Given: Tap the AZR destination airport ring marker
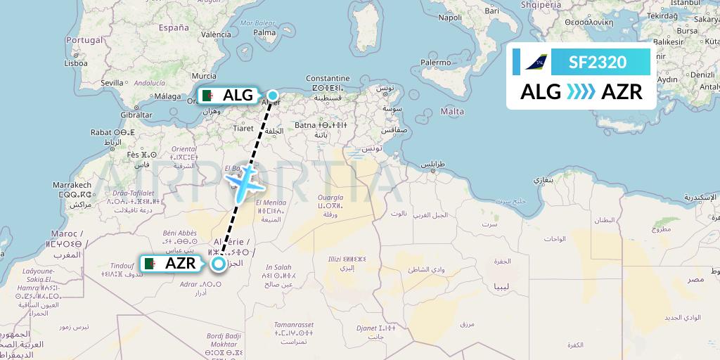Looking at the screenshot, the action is click(x=219, y=264).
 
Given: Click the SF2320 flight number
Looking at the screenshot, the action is click(x=598, y=63).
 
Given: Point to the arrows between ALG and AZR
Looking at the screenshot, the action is click(x=581, y=91).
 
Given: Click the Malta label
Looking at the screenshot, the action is click(x=451, y=111).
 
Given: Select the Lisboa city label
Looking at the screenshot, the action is click(x=75, y=63).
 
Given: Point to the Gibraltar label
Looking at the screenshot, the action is click(x=136, y=114).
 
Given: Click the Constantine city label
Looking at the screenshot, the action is click(x=328, y=78).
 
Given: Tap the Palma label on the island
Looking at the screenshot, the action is click(x=264, y=32).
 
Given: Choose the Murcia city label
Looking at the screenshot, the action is click(x=204, y=75).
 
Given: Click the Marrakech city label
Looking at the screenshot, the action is click(x=72, y=185).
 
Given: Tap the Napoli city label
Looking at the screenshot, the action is click(x=450, y=17).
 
